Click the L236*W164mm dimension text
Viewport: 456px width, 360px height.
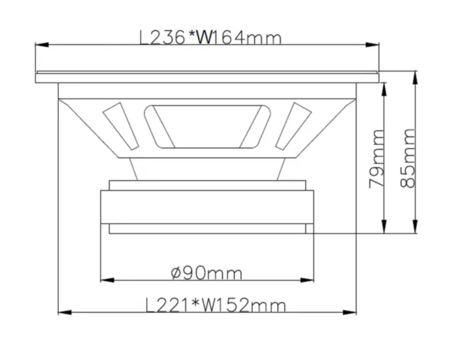[x=211, y=38]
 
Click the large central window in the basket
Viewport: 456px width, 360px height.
[x=208, y=124]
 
